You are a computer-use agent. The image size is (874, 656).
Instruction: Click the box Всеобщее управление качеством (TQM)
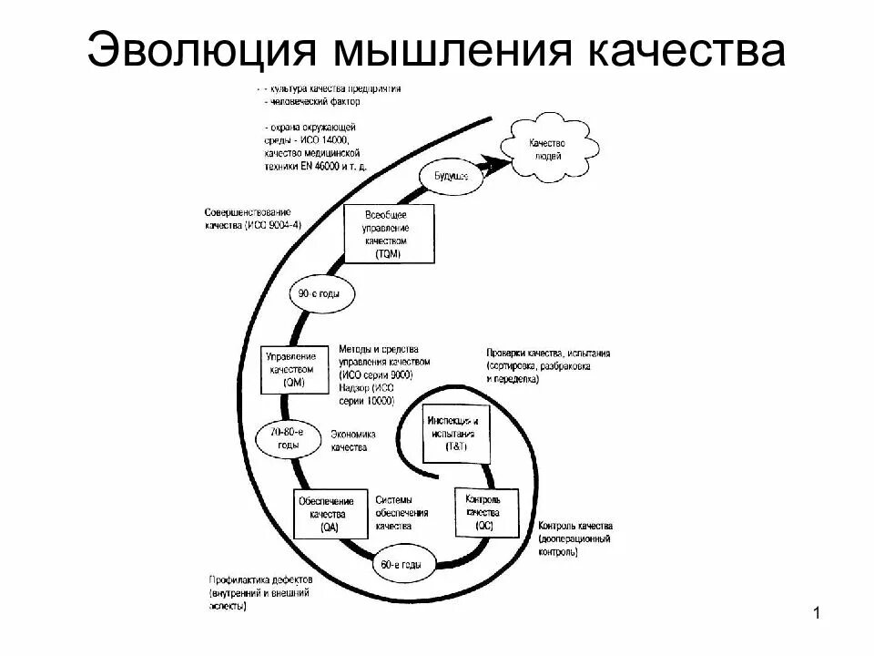tap(391, 233)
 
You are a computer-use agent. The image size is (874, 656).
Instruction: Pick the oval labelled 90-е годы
tap(321, 294)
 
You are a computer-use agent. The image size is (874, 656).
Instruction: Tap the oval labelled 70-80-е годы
tap(290, 438)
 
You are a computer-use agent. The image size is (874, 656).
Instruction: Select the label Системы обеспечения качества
tap(401, 513)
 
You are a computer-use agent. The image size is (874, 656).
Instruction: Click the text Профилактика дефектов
tap(259, 580)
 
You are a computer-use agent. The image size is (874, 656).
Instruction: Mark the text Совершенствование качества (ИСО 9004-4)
tap(252, 219)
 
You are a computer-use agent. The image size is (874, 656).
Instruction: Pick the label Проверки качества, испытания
tap(547, 353)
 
